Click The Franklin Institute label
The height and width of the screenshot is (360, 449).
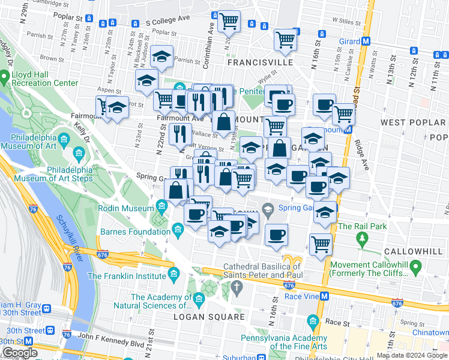tap(127, 276)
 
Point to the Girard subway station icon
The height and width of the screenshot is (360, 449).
tap(366, 41)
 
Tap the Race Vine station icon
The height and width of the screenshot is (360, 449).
tap(324, 296)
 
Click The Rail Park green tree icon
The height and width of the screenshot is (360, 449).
tap(362, 239)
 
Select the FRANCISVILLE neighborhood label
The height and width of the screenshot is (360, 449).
tap(260, 62)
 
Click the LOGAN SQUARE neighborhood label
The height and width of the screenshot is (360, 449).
tap(209, 317)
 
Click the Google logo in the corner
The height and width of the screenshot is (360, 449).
tap(20, 352)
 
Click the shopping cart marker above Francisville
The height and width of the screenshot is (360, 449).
tap(229, 21)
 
